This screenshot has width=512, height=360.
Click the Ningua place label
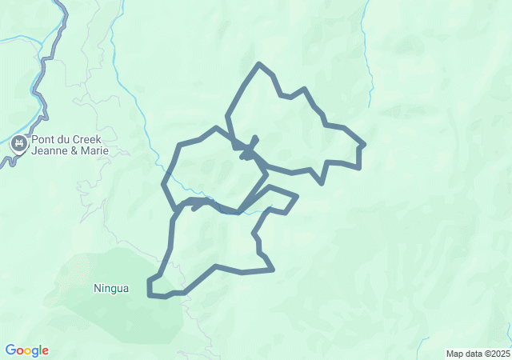tap(110, 288)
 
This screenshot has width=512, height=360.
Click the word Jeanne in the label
tap(51, 152)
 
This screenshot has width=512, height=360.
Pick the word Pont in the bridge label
tap(43, 140)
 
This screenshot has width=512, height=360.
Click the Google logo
tap(26, 350)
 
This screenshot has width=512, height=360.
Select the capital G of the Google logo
tap(10, 350)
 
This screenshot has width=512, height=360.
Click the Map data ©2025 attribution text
tap(478, 354)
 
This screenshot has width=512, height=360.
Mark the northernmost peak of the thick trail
tap(258, 63)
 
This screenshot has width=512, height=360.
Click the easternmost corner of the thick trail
tap(364, 145)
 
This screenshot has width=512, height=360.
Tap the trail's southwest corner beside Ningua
tap(150, 295)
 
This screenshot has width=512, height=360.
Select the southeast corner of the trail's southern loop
tap(274, 270)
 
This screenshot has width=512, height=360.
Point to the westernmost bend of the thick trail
tap(164, 183)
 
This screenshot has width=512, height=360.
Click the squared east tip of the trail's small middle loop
tap(297, 196)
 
